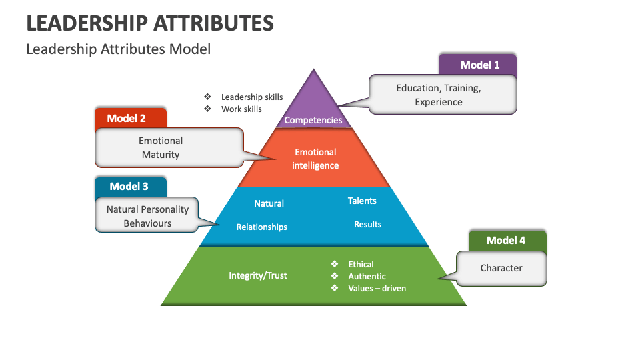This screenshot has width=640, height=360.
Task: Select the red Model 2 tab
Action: coord(127,118)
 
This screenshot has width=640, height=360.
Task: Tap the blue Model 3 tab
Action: coord(129,187)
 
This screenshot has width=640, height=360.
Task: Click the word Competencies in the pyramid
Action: coord(313,120)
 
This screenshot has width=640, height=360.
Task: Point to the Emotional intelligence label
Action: coord(315,159)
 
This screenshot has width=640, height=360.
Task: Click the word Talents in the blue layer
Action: coord(362,201)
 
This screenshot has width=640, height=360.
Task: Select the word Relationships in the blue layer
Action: coord(261,227)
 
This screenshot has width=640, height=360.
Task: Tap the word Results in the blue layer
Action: coord(367,224)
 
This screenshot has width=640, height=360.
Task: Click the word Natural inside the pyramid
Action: coord(269,203)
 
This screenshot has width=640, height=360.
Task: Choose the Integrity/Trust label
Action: coord(257,275)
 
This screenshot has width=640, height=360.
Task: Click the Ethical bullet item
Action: coord(361,264)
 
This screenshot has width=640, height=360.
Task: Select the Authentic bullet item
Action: coord(367,276)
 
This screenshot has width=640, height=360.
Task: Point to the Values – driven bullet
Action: coord(377,288)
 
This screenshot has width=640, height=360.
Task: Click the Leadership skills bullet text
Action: coord(252,97)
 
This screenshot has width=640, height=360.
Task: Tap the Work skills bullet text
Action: coord(241,109)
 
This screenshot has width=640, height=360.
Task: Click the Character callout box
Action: coord(501,268)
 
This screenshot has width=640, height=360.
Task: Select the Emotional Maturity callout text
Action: coord(161,147)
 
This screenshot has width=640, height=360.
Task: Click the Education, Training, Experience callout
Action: coord(438,95)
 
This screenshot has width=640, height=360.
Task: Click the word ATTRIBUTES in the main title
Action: coord(213,23)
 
